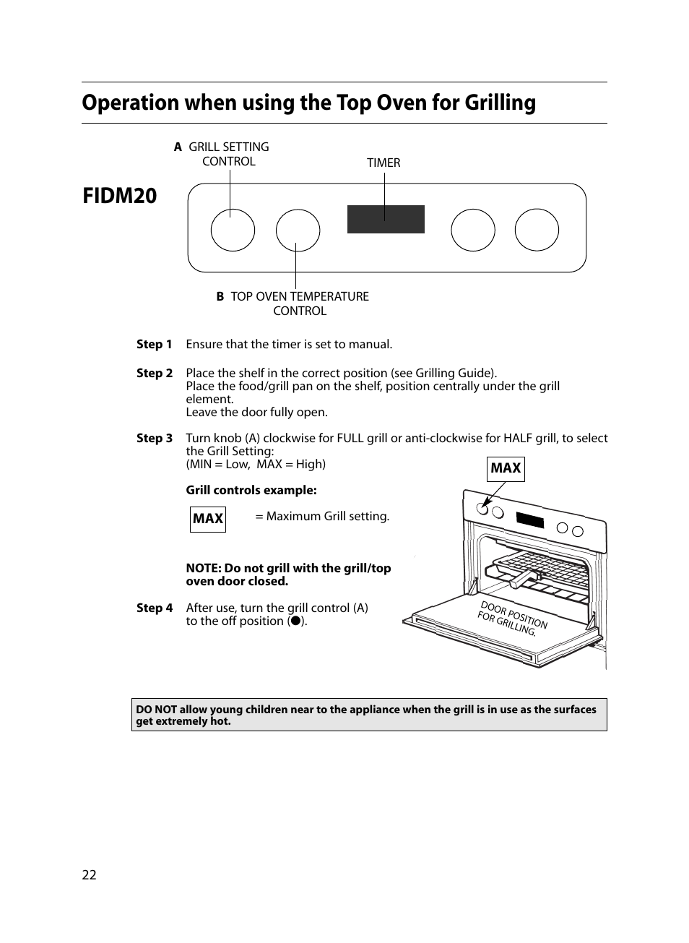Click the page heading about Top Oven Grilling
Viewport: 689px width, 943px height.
point(308,103)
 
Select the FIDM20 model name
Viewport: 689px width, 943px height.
point(119,196)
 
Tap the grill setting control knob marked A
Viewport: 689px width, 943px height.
point(233,231)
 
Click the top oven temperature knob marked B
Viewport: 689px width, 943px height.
point(298,231)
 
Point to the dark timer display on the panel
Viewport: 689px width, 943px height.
point(386,220)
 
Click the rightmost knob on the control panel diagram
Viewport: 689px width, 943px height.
point(537,231)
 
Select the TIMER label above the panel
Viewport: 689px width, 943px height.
point(383,163)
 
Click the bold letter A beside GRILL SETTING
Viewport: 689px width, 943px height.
point(178,147)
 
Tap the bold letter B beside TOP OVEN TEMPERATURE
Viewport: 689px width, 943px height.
point(220,297)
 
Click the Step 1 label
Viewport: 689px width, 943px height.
point(155,345)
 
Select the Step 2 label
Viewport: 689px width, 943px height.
point(155,374)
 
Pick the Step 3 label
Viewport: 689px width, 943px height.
point(155,439)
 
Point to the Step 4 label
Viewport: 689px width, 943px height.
point(155,608)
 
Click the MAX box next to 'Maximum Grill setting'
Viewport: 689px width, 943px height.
point(208,519)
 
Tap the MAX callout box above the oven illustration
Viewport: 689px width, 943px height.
point(506,468)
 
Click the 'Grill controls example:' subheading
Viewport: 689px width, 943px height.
point(251,491)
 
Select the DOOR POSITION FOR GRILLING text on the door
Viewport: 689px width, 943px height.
point(511,618)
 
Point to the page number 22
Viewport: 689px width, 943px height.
point(89,875)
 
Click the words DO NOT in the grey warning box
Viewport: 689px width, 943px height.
point(156,710)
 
